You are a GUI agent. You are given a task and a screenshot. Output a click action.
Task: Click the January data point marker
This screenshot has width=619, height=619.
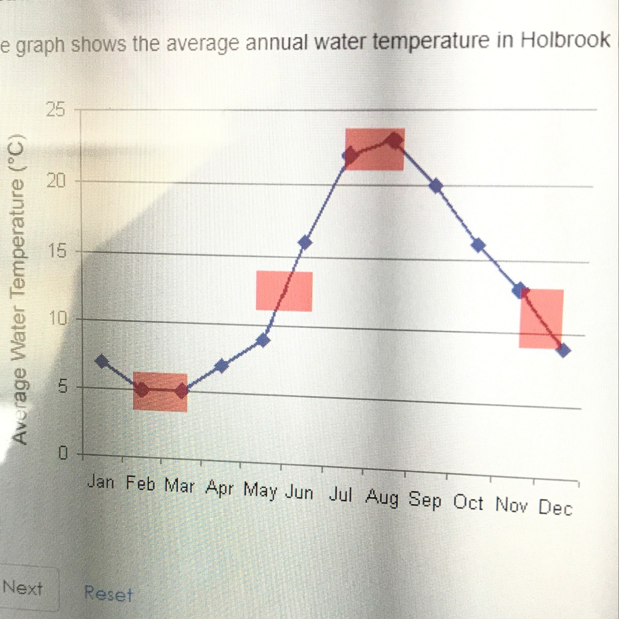(103, 361)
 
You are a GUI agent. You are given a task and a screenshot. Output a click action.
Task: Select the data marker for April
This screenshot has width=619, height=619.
(222, 366)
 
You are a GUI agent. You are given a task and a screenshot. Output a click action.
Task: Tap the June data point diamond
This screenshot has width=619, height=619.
(305, 242)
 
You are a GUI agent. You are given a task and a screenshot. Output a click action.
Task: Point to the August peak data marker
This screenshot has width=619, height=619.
(396, 140)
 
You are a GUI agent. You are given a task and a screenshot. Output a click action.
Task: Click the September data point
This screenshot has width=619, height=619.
(436, 186)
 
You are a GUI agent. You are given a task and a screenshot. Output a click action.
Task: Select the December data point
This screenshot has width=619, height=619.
(564, 350)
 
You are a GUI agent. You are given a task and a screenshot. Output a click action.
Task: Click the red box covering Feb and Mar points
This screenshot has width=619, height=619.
(160, 392)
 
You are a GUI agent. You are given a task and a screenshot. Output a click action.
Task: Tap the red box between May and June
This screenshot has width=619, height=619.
(284, 291)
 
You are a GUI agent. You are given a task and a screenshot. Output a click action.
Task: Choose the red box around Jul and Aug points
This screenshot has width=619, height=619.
(375, 149)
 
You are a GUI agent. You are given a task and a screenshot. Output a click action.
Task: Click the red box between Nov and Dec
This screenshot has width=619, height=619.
(541, 318)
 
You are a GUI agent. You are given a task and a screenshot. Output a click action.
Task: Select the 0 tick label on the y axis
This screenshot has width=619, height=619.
(62, 453)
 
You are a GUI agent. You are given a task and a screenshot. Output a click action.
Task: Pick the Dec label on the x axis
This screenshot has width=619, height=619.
(555, 508)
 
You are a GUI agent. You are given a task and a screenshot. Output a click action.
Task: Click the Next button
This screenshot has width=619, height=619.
(23, 588)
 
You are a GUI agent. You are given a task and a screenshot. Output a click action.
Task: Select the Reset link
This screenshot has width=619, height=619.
(108, 594)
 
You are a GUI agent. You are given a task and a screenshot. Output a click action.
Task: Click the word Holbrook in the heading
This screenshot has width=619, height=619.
(566, 40)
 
